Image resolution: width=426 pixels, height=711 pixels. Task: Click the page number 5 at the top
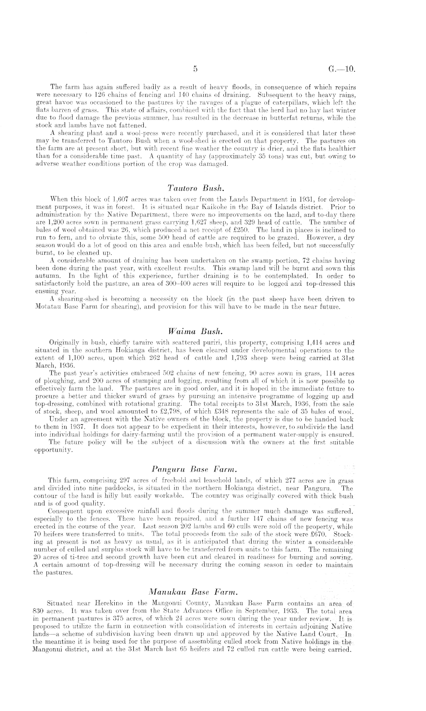195,69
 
